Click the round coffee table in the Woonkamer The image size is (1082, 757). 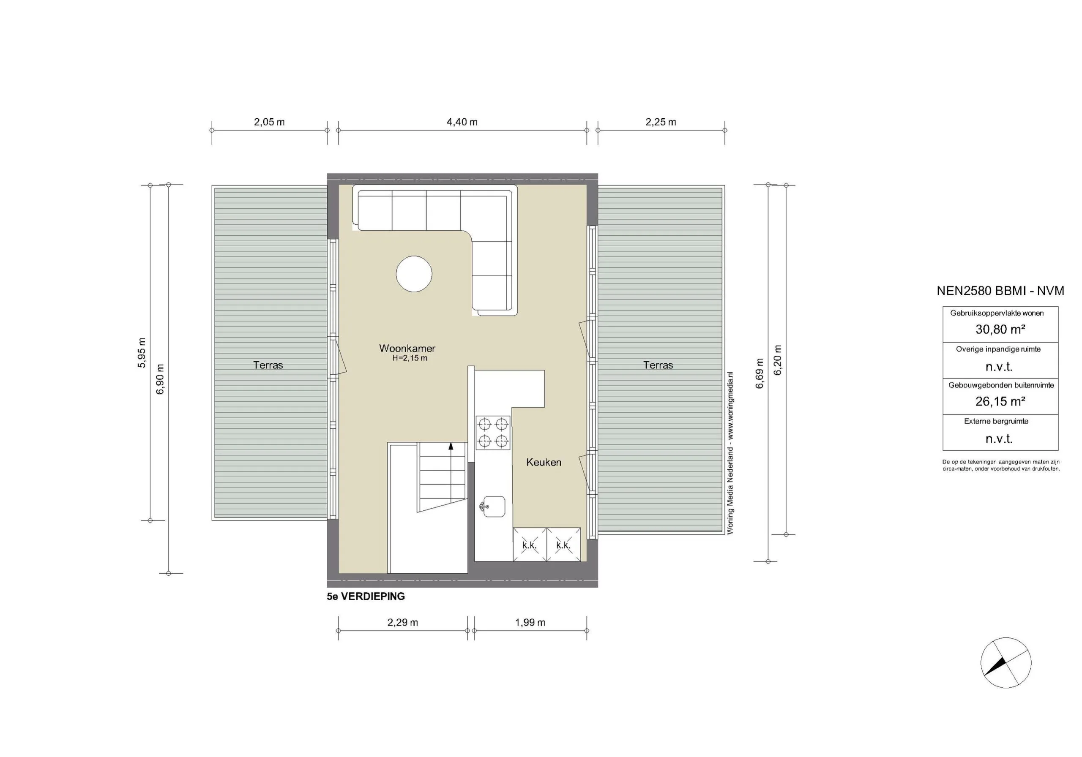(414, 274)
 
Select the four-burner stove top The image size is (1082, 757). (492, 433)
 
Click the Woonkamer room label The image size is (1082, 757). (407, 349)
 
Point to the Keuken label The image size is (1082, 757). (544, 463)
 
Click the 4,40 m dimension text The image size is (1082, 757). (462, 122)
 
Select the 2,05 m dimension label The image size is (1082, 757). (269, 122)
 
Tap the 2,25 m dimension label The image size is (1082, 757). (661, 122)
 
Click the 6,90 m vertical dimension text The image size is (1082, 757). (160, 379)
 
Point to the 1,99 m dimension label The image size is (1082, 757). (530, 623)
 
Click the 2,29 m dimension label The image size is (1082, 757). (402, 623)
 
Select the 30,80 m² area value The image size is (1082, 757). (1000, 329)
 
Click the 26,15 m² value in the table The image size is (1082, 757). (1000, 401)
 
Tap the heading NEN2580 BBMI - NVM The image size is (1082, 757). (1000, 291)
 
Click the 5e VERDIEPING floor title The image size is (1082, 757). (366, 597)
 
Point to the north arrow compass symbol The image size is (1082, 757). (1005, 663)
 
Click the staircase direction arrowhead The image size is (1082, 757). (451, 446)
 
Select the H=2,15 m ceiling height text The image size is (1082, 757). (410, 358)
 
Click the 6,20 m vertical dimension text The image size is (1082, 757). (778, 360)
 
